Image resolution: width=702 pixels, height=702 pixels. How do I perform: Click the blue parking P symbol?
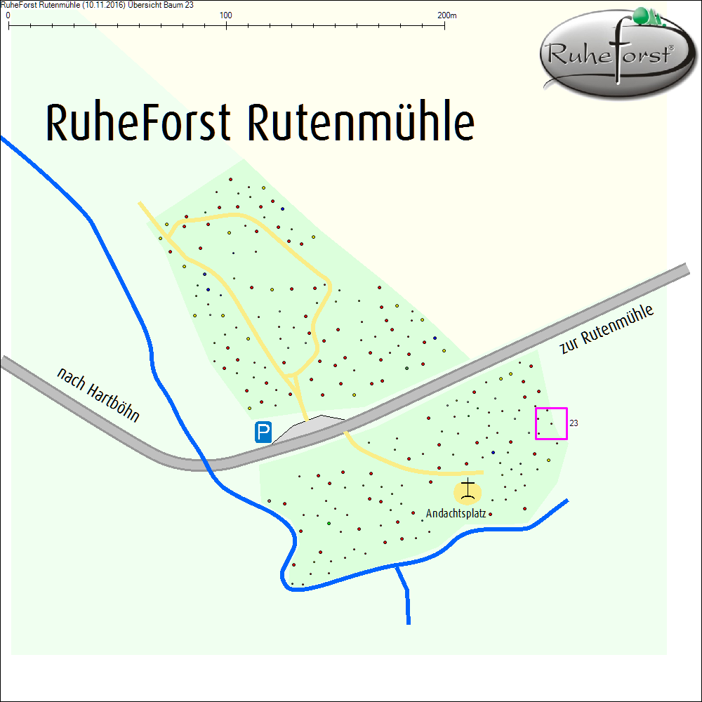coord(263,432)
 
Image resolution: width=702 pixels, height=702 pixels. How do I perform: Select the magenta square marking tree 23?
coord(551,423)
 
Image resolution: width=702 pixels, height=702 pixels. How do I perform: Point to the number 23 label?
coord(574,424)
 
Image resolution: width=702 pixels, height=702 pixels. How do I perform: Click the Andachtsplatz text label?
coord(456,514)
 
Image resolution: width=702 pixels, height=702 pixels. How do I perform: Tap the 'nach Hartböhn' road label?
coord(98,395)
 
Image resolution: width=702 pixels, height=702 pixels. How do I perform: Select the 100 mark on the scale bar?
coord(226,15)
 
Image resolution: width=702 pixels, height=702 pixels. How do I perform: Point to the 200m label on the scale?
coord(446,15)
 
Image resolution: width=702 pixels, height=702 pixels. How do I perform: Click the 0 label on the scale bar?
coord(8,15)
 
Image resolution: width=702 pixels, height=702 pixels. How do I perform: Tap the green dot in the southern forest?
coord(329,524)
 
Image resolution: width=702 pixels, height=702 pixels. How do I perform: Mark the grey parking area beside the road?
coord(309,428)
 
